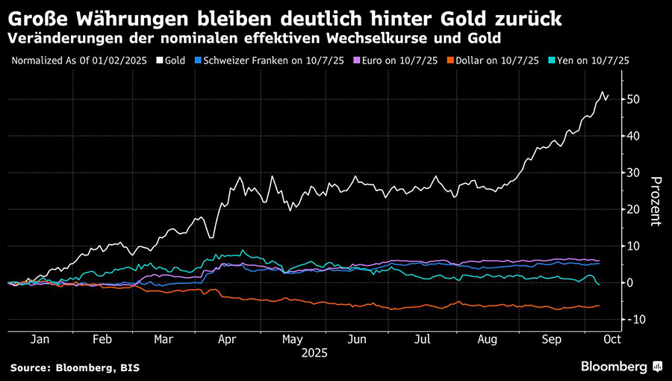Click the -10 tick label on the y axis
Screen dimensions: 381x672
tap(635, 320)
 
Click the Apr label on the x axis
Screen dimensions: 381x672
tap(227, 338)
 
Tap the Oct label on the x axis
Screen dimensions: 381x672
tap(610, 338)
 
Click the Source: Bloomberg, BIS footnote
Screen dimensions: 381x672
tap(75, 368)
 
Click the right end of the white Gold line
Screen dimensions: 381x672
tap(608, 95)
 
